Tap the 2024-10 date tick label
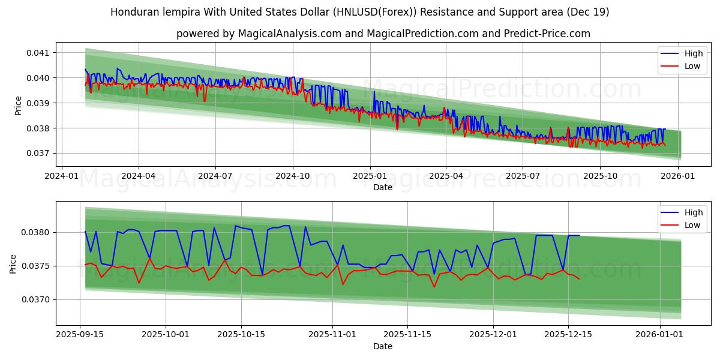coord(293,176)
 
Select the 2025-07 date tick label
coord(523,176)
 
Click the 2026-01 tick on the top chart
coord(676,176)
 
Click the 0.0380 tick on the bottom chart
coord(38,233)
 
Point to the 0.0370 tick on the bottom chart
coord(38,299)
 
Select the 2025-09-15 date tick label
coord(80,334)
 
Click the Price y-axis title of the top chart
coord(18,105)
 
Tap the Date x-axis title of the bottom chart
coord(383,346)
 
